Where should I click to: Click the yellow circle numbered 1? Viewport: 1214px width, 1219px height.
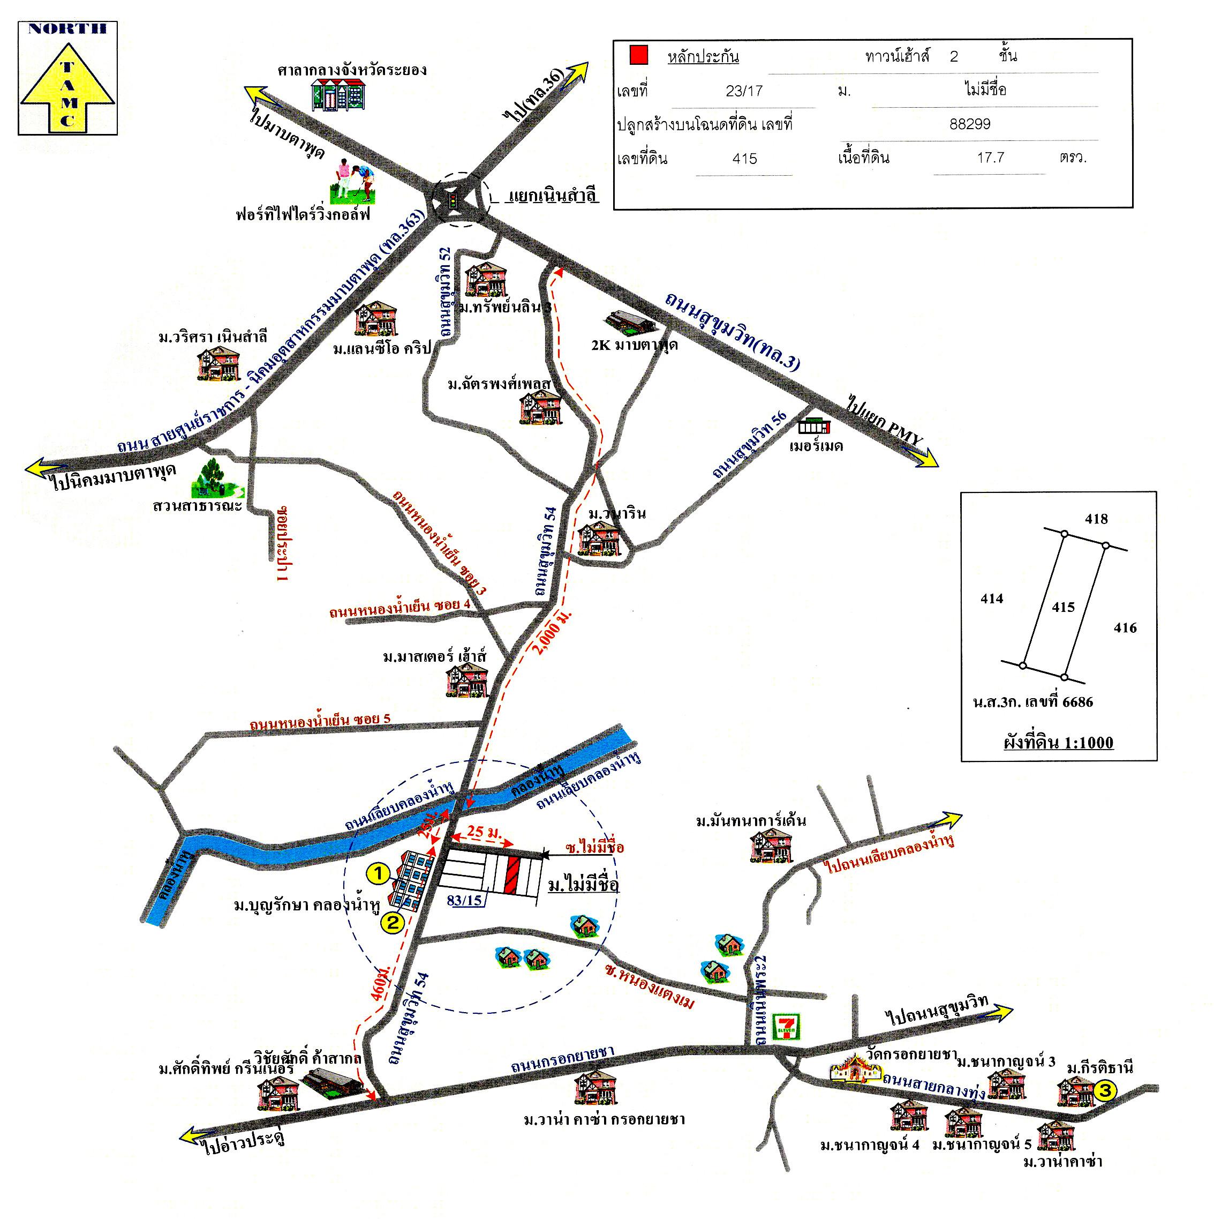click(377, 874)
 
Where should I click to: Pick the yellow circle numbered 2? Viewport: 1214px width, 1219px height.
click(391, 923)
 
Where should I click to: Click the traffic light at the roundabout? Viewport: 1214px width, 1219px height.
click(452, 202)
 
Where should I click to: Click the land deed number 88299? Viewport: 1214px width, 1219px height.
click(969, 124)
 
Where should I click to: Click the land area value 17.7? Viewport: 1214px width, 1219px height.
click(990, 158)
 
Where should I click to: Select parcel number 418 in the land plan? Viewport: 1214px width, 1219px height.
click(1096, 519)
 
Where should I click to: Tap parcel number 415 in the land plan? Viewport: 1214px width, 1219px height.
click(1064, 607)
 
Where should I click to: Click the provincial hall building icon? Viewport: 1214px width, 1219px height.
click(338, 95)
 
